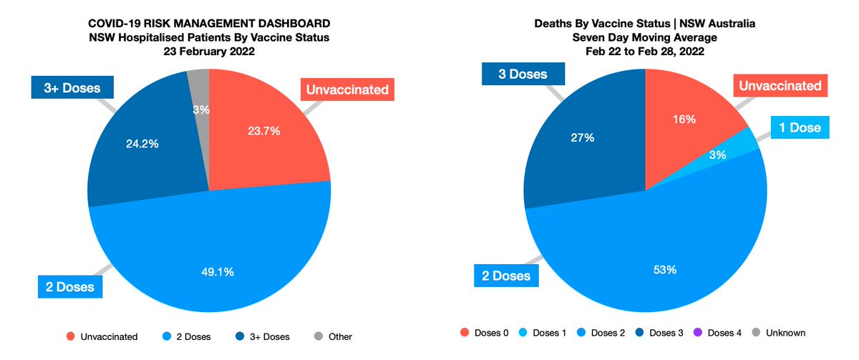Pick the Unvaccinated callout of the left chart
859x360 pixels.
[x=347, y=90]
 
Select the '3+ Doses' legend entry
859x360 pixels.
[x=262, y=336]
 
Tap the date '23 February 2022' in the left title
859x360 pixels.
[x=208, y=52]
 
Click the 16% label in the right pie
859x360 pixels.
[x=684, y=120]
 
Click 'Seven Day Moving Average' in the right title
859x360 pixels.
[x=645, y=38]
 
